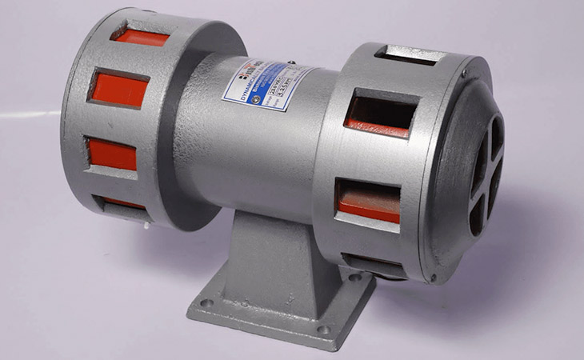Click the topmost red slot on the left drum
[140, 36]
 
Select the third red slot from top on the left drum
[112, 154]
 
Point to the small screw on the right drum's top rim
[462, 76]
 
